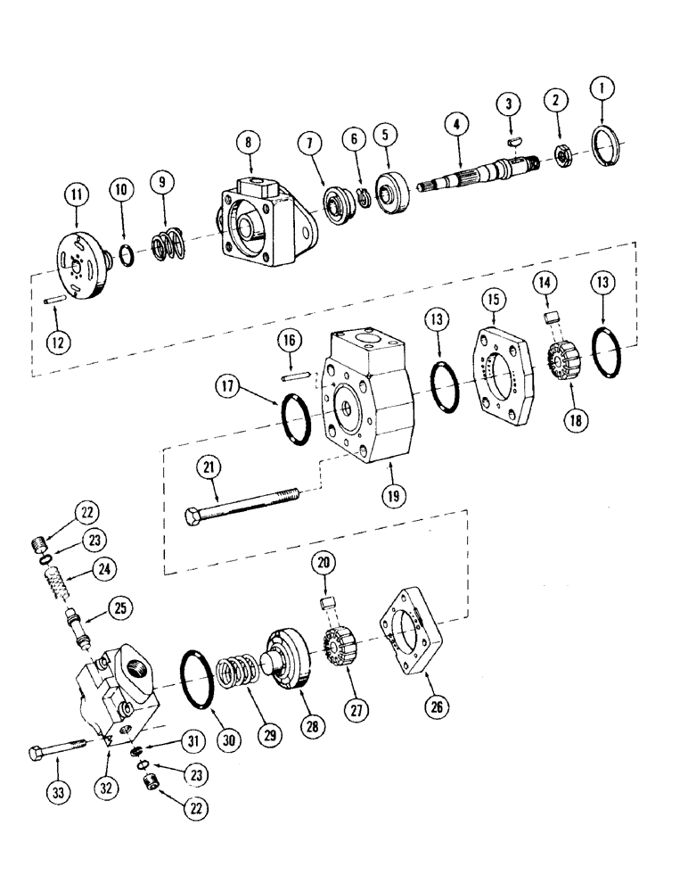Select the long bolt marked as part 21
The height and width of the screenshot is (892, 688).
coord(240,504)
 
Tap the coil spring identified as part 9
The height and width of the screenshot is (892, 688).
coord(164,244)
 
